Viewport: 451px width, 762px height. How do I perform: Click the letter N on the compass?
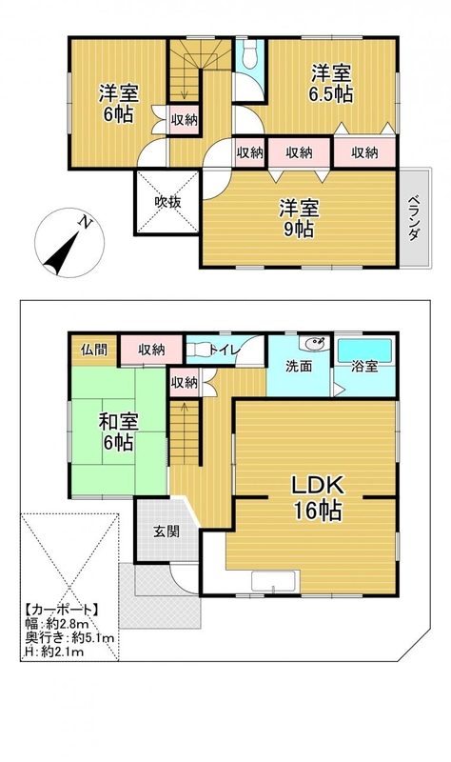click(x=86, y=223)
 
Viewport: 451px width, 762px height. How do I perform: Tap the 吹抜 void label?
click(x=168, y=202)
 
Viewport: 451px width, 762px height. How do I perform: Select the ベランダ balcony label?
click(x=414, y=218)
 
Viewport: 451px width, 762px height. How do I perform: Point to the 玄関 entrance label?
click(x=167, y=531)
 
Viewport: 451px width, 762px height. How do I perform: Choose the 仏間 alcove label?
click(x=94, y=349)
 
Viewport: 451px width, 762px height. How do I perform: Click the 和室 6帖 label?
click(x=118, y=431)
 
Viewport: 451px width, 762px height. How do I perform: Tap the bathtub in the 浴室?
click(x=364, y=351)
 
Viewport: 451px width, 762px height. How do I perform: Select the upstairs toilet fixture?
click(x=250, y=54)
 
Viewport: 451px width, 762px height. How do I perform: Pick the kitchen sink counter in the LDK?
click(x=275, y=582)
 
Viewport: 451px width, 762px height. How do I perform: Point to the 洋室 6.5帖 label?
click(x=331, y=83)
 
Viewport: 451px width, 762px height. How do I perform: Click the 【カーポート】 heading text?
click(x=62, y=610)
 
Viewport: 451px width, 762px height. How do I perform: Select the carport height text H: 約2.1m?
click(x=54, y=652)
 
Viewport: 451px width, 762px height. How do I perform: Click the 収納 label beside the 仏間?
click(x=151, y=349)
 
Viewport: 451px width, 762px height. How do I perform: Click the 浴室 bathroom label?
click(x=364, y=367)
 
